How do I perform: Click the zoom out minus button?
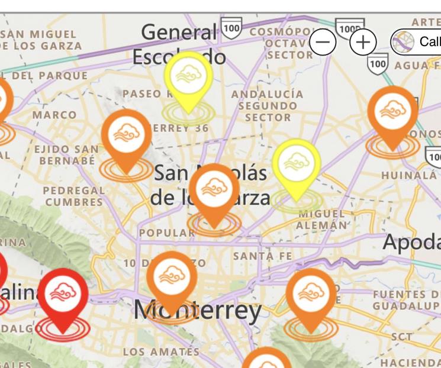pyautogui.click(x=323, y=42)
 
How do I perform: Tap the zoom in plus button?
pyautogui.click(x=363, y=42)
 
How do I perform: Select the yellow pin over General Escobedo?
pyautogui.click(x=188, y=78)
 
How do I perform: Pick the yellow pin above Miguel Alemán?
pyautogui.click(x=297, y=165)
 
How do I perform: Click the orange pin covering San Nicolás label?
pyautogui.click(x=214, y=191)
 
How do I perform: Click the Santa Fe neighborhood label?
pyautogui.click(x=263, y=256)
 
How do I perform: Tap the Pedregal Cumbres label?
pyautogui.click(x=74, y=196)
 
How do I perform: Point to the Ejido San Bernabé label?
pyautogui.click(x=66, y=155)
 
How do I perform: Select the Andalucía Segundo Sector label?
pyautogui.click(x=268, y=106)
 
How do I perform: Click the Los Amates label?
pyautogui.click(x=161, y=352)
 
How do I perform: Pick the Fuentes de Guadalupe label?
pyautogui.click(x=405, y=300)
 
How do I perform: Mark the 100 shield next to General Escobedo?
pyautogui.click(x=231, y=27)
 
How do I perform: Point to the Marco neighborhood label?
pyautogui.click(x=54, y=114)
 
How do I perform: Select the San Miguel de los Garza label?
pyautogui.click(x=41, y=40)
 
